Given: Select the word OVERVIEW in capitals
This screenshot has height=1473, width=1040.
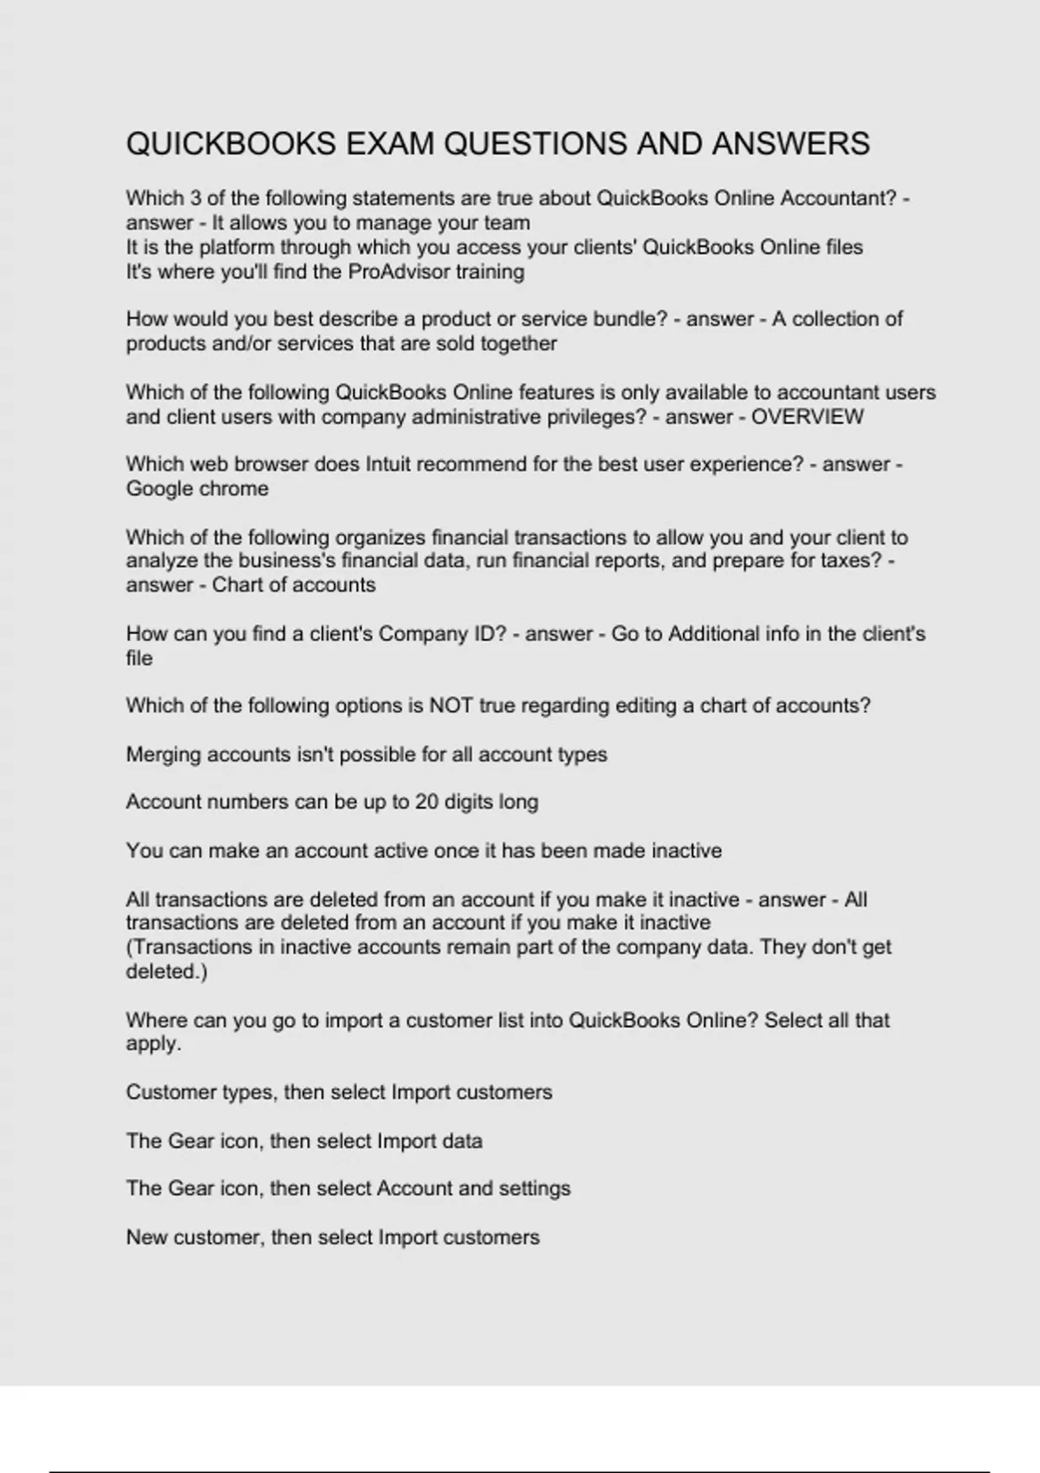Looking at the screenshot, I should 807,417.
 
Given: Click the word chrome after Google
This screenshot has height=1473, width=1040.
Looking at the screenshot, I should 236,489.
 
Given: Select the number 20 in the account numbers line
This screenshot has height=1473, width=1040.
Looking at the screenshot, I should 426,802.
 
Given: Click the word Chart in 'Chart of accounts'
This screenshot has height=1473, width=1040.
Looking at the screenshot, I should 236,585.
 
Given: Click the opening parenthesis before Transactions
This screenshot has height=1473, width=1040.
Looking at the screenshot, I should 129,947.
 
